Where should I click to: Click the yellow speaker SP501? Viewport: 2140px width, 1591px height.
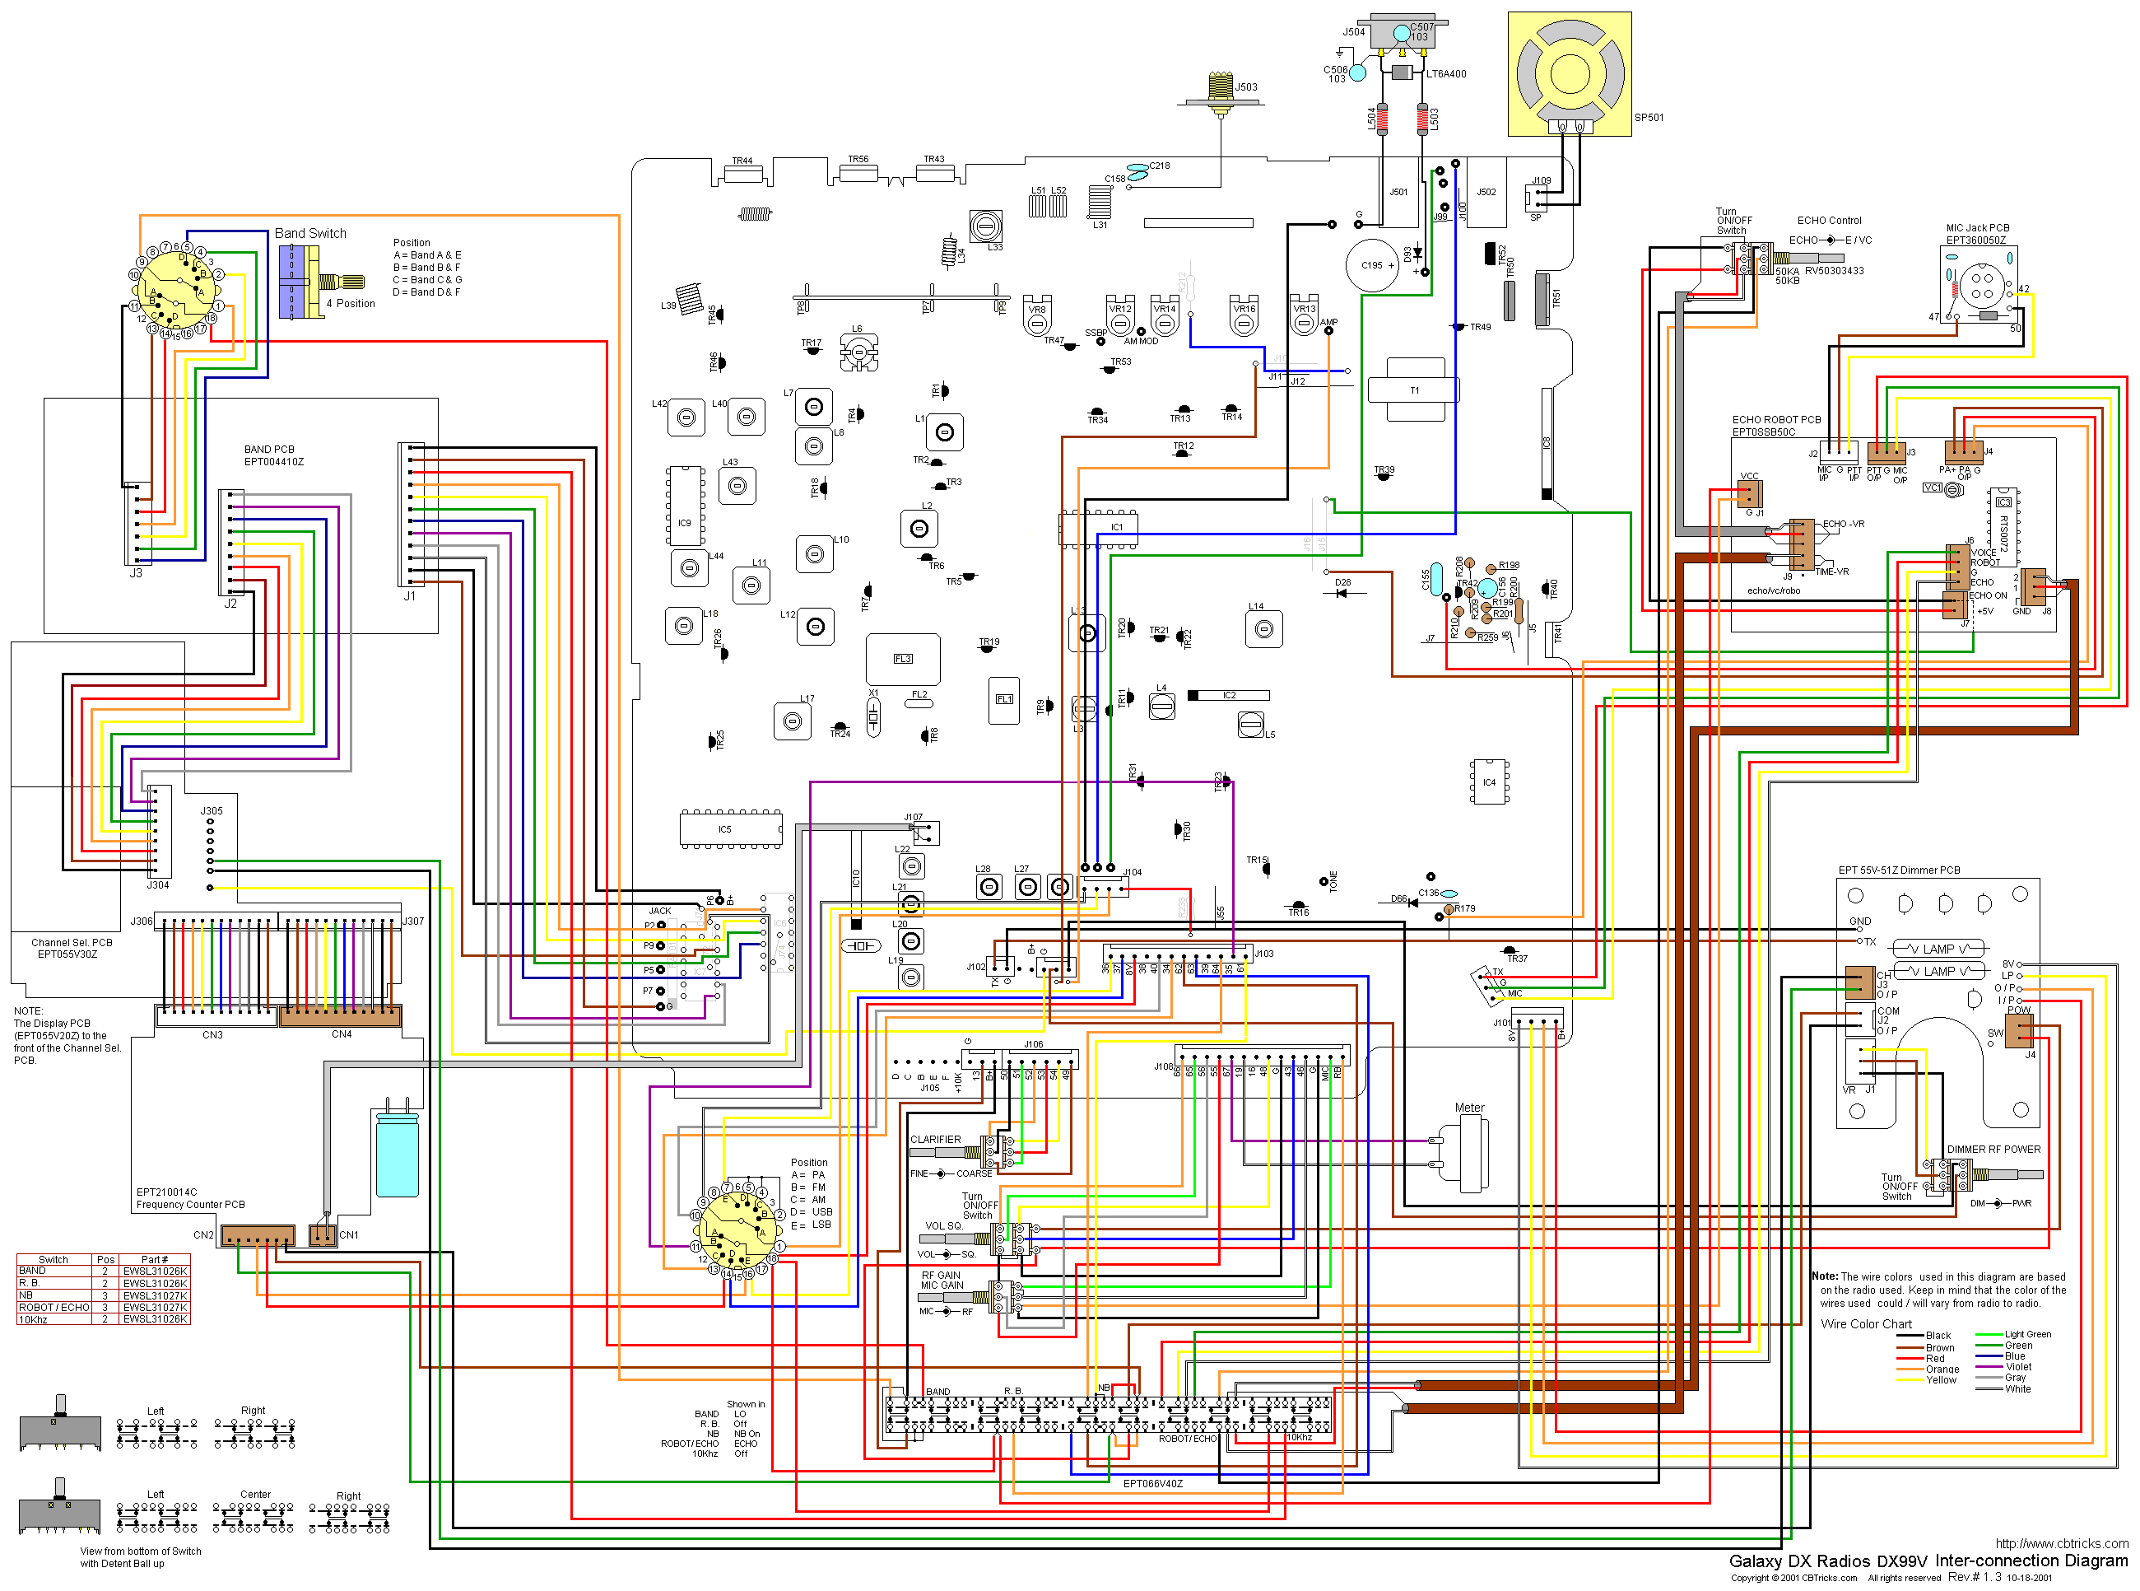pyautogui.click(x=1569, y=74)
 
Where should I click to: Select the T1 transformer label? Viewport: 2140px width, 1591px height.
pyautogui.click(x=1414, y=390)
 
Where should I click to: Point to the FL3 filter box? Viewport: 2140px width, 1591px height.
pyautogui.click(x=902, y=659)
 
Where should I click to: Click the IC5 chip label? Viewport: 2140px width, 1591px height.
pyautogui.click(x=725, y=829)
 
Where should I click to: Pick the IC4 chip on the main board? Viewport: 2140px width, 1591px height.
pyautogui.click(x=1489, y=782)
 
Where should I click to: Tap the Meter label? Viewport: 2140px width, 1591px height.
pyautogui.click(x=1469, y=1108)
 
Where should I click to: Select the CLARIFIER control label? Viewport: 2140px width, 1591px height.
pyautogui.click(x=935, y=1140)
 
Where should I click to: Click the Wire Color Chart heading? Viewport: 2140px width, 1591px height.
pyautogui.click(x=1866, y=1324)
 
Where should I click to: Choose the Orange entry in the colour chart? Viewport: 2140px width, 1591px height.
pyautogui.click(x=1942, y=1369)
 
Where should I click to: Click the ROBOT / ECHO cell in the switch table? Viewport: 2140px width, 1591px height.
pyautogui.click(x=53, y=1307)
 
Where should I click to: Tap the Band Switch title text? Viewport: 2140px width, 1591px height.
pyautogui.click(x=310, y=233)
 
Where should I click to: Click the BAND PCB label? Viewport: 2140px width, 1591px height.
pyautogui.click(x=269, y=450)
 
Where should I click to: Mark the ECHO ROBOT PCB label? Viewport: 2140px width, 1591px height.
pyautogui.click(x=1776, y=420)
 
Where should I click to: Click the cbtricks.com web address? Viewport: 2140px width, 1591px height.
pyautogui.click(x=2061, y=1543)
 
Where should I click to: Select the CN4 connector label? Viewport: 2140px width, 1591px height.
pyautogui.click(x=342, y=1034)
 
